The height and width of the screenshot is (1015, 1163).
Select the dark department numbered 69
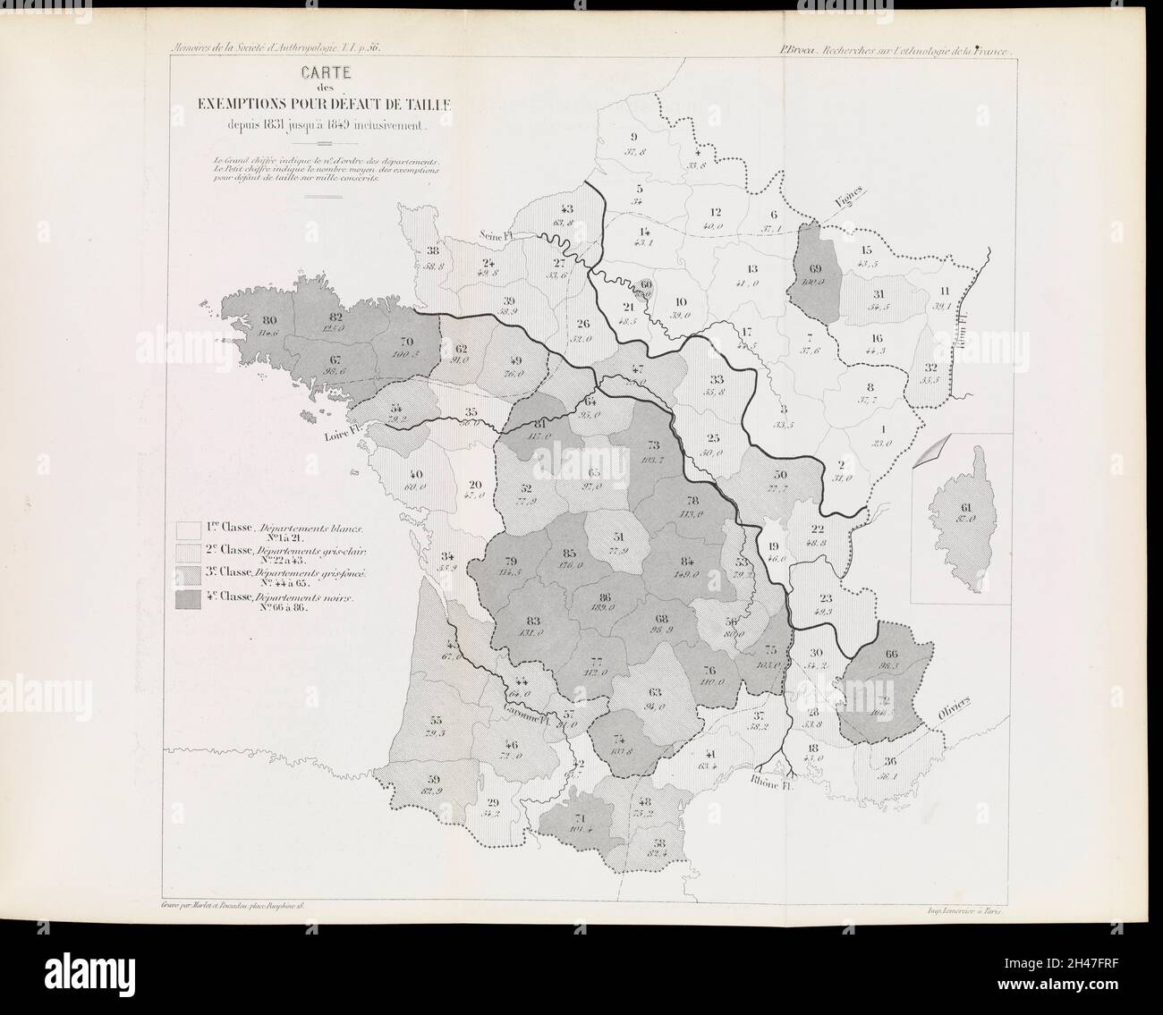(x=815, y=273)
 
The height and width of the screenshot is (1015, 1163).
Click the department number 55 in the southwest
(x=436, y=721)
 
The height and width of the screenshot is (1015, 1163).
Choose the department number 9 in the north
(x=633, y=136)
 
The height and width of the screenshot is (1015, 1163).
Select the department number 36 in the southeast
(x=889, y=762)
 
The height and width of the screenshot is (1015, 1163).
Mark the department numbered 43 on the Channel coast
(x=567, y=209)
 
